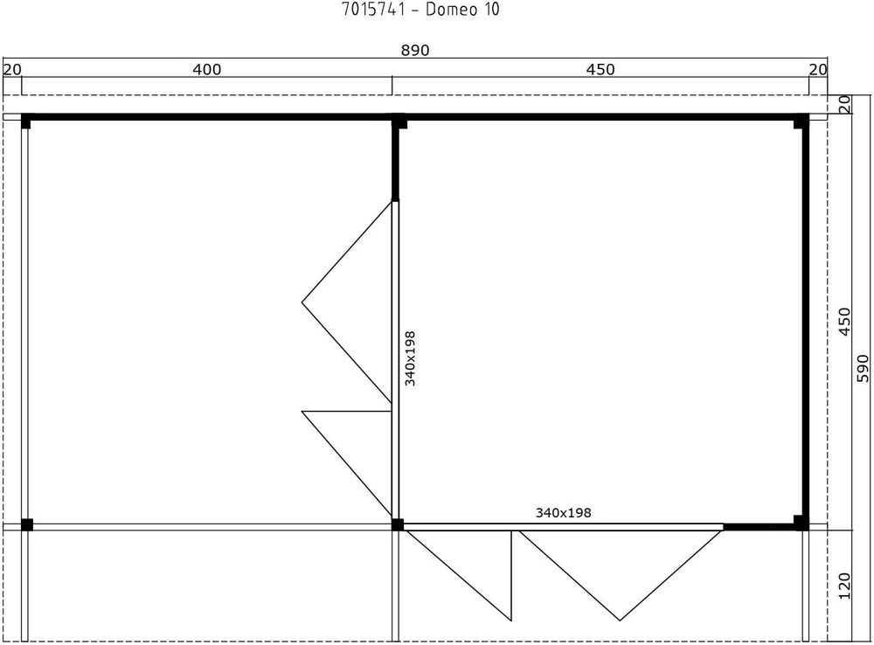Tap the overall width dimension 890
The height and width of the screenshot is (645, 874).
point(415,51)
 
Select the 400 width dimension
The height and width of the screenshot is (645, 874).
point(206,70)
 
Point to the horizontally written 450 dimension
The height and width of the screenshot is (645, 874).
point(600,70)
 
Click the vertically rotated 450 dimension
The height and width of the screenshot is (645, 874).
point(843,322)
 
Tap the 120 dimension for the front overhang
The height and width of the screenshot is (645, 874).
point(843,586)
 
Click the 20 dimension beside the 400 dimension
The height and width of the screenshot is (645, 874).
point(11,70)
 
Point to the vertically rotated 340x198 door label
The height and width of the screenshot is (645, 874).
point(410,357)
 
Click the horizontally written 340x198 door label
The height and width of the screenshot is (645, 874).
point(563,513)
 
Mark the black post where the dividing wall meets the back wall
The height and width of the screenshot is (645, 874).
point(399,122)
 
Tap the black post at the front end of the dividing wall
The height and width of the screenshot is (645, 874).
point(398,524)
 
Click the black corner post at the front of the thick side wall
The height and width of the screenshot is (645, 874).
point(801,523)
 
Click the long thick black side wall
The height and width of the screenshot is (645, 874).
point(805,323)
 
